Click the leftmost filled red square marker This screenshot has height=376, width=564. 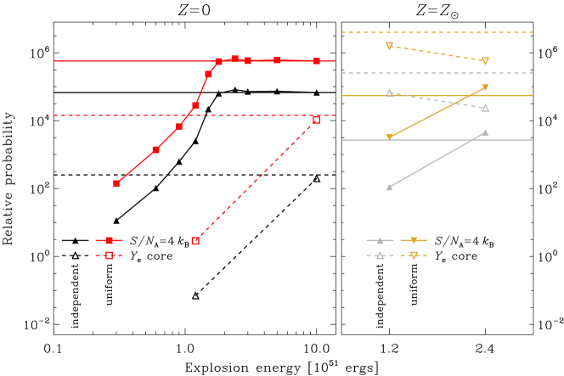coord(116,183)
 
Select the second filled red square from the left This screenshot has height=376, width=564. coord(155,149)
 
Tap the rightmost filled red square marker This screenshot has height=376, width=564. coord(317,61)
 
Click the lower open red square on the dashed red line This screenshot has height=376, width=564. coord(195,241)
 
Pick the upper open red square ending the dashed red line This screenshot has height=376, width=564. coord(316,120)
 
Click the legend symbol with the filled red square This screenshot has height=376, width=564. coord(109,241)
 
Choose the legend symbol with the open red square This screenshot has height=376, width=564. coord(109,255)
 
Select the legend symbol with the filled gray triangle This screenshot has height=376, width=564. coord(380,241)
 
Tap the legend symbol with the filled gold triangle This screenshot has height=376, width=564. coord(414,241)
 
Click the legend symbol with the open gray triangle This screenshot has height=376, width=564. coord(380,255)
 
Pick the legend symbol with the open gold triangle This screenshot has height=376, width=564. coord(414,255)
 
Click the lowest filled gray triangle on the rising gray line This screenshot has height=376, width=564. coord(389,187)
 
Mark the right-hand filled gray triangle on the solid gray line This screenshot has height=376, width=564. coord(485,132)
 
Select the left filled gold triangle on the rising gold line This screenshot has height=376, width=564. coord(389,137)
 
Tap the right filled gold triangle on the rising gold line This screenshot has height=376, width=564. coord(485,87)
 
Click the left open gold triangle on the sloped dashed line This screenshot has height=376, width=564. coord(389,46)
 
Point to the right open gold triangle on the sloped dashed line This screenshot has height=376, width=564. coord(485,61)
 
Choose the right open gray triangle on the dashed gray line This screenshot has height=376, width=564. coord(485,108)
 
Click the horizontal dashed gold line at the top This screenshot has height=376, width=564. coord(437,33)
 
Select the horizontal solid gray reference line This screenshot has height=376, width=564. coord(437,140)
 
